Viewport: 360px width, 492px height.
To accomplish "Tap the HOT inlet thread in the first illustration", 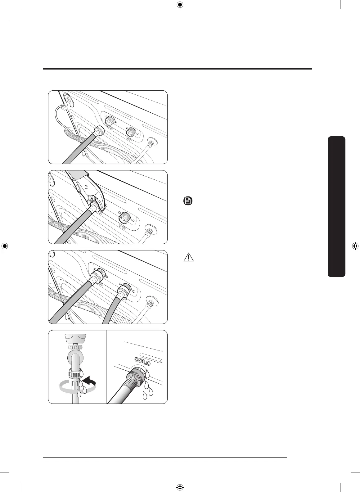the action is tap(131, 132).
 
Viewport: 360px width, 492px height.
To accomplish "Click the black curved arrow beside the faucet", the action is tap(88, 381).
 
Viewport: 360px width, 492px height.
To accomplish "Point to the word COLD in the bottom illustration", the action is tap(142, 361).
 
